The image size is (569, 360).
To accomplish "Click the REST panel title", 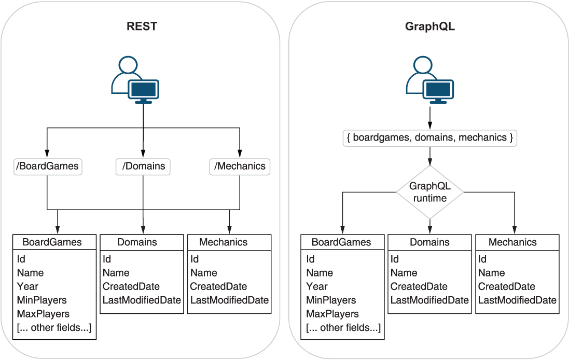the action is [142, 26].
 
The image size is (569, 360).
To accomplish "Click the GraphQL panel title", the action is [429, 26].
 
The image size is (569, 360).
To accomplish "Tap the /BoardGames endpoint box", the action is [48, 167].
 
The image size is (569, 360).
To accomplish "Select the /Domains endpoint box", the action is [143, 167].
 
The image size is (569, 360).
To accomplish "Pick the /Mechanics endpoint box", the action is [240, 167].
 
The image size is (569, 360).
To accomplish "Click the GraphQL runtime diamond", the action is [429, 192].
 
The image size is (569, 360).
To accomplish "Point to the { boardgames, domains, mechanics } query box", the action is [429, 138].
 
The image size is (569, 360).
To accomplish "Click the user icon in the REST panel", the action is [135, 80].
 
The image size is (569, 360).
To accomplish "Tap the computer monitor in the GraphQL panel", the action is [438, 91].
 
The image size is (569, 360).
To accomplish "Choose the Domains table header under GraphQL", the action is [429, 242].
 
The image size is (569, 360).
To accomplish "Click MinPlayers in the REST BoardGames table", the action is [41, 300].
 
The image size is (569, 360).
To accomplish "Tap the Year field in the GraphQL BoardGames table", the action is [317, 286].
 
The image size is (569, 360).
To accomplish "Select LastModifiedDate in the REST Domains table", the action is [142, 300].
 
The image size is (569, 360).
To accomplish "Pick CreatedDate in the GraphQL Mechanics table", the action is [507, 286].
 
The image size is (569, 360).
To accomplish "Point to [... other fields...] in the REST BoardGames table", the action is [54, 328].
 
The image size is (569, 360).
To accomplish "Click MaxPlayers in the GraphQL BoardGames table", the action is [332, 314].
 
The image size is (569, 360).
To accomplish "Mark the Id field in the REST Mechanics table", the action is [195, 259].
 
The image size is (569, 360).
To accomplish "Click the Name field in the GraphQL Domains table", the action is [404, 272].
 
